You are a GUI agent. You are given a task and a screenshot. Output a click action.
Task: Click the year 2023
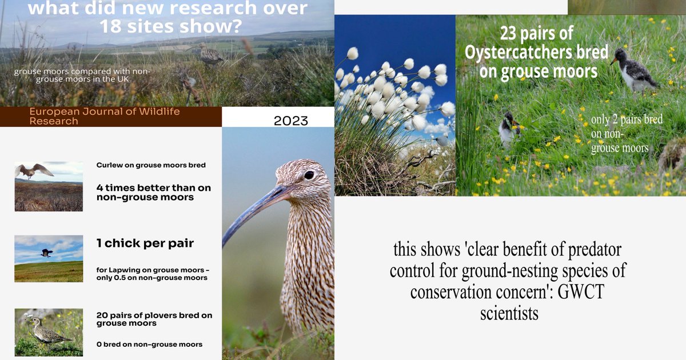click(290, 121)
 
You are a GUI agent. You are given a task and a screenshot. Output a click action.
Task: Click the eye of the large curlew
click(309, 175)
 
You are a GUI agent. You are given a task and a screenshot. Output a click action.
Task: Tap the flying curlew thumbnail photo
click(49, 186)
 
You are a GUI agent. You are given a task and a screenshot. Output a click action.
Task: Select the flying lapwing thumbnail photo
click(49, 258)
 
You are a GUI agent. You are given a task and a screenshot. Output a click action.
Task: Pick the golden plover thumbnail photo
click(49, 332)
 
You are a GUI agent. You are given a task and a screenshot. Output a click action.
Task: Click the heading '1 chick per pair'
click(145, 243)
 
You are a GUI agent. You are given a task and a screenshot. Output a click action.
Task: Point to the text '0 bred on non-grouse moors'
click(149, 344)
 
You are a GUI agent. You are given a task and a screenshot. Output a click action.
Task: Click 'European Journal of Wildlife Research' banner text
click(105, 117)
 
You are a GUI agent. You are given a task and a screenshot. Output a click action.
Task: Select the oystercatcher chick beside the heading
click(635, 71)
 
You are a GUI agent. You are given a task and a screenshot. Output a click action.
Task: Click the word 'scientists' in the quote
click(509, 313)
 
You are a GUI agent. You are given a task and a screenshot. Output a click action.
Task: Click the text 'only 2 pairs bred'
click(627, 120)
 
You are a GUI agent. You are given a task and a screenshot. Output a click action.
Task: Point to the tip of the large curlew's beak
click(224, 244)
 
